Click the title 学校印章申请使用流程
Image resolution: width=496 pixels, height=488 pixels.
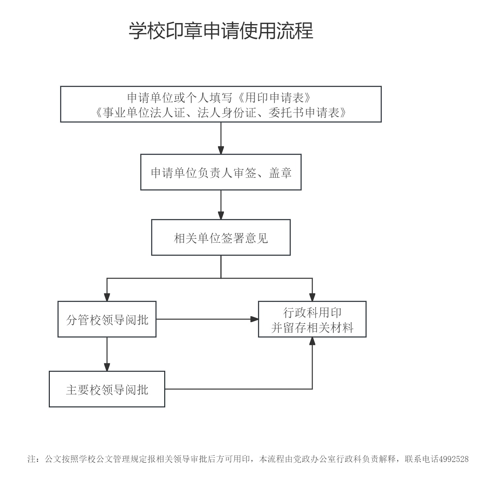pos(221,31)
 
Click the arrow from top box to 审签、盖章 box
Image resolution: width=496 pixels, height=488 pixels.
pos(221,138)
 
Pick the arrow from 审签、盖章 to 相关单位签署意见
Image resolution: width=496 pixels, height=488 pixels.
pos(221,205)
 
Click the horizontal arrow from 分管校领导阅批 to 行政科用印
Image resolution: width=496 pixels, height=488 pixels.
pos(207,319)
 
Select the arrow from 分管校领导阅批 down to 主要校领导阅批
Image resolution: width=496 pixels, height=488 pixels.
pos(107,354)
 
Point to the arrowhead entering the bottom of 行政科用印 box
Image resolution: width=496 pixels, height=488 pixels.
pos(312,341)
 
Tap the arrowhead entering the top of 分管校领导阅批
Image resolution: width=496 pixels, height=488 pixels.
pos(107,297)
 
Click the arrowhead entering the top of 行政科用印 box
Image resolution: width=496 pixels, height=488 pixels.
pos(312,297)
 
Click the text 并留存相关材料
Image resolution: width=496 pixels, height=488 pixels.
pos(312,327)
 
